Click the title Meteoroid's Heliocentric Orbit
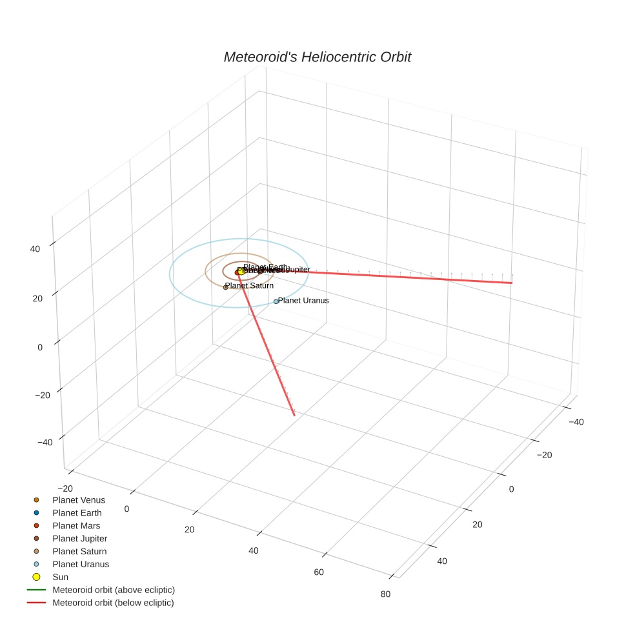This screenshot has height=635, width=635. tap(317, 57)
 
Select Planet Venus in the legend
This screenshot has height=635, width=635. tap(78, 499)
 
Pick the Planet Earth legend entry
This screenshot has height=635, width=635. tap(77, 512)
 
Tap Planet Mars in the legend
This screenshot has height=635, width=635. tap(76, 525)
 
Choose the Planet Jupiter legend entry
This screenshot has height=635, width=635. tap(79, 538)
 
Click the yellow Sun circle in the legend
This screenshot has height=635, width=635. tap(36, 577)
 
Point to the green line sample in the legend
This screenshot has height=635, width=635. tap(36, 590)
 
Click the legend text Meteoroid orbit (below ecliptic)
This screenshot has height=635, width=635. tap(113, 603)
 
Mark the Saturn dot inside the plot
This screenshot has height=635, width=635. tap(226, 287)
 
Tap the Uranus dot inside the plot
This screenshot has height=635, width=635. tap(276, 301)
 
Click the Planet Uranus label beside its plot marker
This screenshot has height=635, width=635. tap(303, 300)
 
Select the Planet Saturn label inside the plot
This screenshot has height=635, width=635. tap(250, 285)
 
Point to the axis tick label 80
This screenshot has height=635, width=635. tap(386, 594)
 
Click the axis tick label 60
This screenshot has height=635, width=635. tap(319, 572)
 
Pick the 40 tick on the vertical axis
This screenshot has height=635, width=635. tap(35, 248)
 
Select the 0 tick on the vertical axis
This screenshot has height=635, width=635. tap(40, 347)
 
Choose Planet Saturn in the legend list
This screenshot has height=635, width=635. tap(79, 551)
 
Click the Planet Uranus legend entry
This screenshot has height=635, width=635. tap(81, 564)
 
